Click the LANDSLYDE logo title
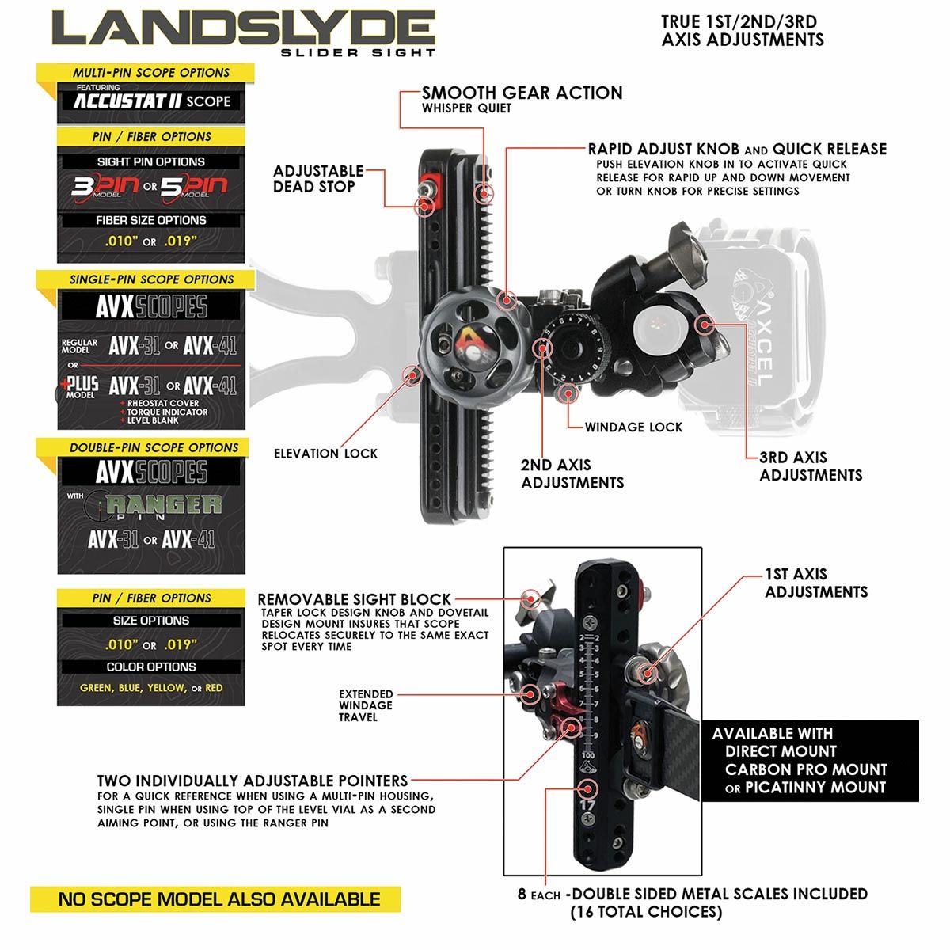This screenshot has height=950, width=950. point(244,28)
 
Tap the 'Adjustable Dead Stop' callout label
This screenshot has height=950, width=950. point(318,179)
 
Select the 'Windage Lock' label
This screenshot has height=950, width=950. point(633,427)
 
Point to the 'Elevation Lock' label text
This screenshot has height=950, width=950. point(325,454)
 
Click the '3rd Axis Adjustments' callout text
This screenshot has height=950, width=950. point(811,465)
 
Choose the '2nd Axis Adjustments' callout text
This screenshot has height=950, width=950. point(572,473)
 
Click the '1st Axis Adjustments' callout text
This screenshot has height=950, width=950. point(816,583)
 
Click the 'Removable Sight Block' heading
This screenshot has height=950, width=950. point(355,599)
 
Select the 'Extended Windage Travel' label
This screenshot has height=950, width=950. point(365,705)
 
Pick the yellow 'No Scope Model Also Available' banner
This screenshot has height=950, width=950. point(215,899)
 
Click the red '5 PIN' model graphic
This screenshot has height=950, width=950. point(194,187)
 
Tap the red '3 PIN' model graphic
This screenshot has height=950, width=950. point(105,187)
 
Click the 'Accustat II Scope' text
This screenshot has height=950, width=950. point(152,101)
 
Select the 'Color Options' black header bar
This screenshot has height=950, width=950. point(151,667)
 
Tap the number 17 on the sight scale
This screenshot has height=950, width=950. point(587,806)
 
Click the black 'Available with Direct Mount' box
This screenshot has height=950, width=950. point(810,761)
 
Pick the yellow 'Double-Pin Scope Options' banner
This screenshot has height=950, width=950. point(143,447)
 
